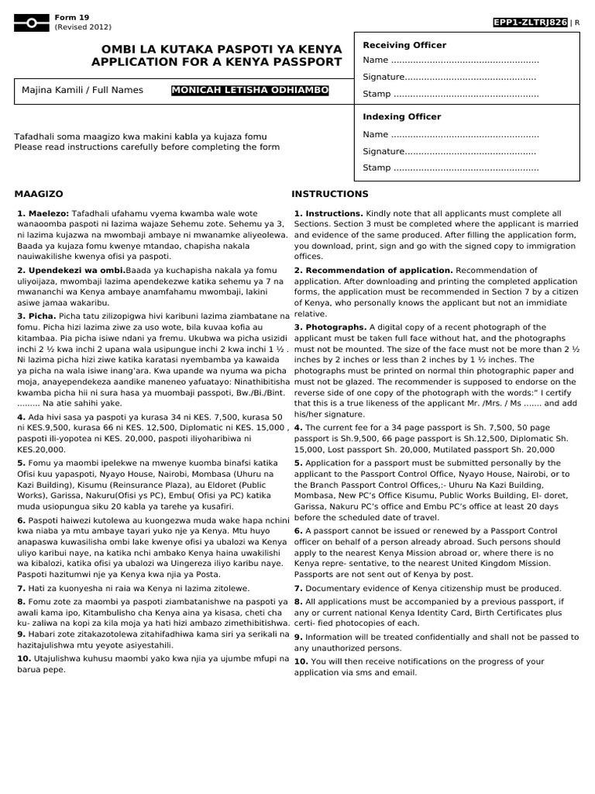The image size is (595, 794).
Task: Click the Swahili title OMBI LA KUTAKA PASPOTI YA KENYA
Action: coord(217,48)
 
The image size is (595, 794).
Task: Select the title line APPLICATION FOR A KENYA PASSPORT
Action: coord(217,61)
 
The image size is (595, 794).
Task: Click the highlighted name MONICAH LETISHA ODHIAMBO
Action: coord(250,90)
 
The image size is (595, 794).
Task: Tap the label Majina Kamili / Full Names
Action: coord(83,90)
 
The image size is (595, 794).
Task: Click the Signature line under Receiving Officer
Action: coord(449,77)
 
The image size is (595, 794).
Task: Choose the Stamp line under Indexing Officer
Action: coord(450,167)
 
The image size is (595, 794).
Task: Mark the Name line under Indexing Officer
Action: coord(450,134)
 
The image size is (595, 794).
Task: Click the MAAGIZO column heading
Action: coord(39,194)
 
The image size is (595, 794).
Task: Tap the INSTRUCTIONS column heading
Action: coord(330,194)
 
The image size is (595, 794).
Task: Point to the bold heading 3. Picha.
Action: coord(36,316)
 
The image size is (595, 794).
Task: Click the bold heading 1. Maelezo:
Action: coord(43,212)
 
